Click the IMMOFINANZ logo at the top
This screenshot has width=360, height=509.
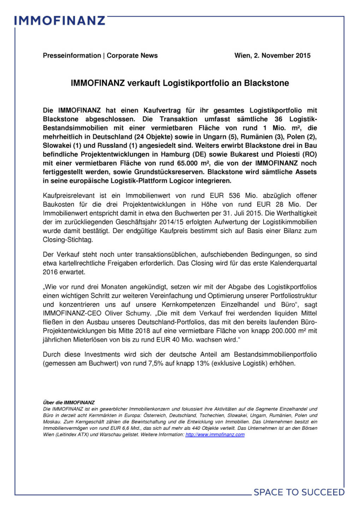(60, 21)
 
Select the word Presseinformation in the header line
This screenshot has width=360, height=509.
(72, 55)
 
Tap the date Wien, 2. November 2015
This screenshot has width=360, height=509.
(272, 55)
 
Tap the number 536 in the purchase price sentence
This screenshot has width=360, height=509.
(234, 195)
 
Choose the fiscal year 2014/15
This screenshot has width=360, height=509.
(171, 222)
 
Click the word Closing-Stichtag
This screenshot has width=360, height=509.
(68, 240)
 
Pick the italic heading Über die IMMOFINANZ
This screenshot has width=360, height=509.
(69, 403)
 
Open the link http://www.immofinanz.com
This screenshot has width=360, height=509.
(215, 435)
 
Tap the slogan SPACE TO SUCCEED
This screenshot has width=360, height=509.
(299, 492)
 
